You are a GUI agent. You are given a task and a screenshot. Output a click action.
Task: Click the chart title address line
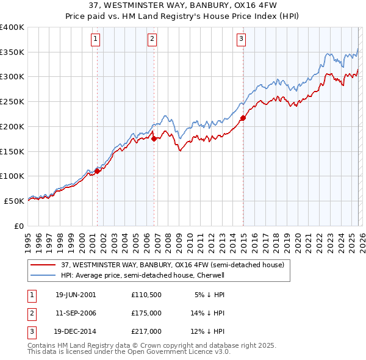pyautogui.click(x=182, y=6)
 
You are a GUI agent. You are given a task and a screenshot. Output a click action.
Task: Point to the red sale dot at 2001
pyautogui.click(x=97, y=171)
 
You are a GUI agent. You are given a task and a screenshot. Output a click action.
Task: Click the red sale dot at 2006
pyautogui.click(x=154, y=139)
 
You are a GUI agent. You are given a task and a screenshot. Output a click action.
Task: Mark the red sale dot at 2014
pyautogui.click(x=243, y=118)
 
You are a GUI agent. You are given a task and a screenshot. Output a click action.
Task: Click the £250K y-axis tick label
pyautogui.click(x=12, y=102)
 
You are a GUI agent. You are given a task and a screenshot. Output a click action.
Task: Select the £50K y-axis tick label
pyautogui.click(x=15, y=201)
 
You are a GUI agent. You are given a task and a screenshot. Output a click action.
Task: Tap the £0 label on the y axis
pyautogui.click(x=20, y=226)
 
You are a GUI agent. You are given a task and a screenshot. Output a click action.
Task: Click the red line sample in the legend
pyautogui.click(x=43, y=265)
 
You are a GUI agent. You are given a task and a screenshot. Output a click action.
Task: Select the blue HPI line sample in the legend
pyautogui.click(x=43, y=275)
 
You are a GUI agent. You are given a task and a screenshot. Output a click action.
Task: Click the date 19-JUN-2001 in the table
pyautogui.click(x=76, y=295)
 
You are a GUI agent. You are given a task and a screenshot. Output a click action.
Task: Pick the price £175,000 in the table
pyautogui.click(x=146, y=313)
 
